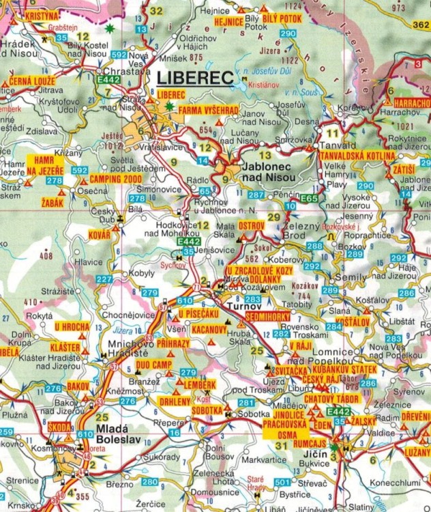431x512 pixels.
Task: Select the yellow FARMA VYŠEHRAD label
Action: point(207,109)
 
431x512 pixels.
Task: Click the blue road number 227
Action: point(104,279)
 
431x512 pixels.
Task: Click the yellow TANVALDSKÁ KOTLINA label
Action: point(352,156)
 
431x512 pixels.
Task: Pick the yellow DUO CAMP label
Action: point(152,365)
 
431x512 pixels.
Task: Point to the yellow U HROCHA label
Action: point(72,327)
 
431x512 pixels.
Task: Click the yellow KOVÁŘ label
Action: point(99,234)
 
